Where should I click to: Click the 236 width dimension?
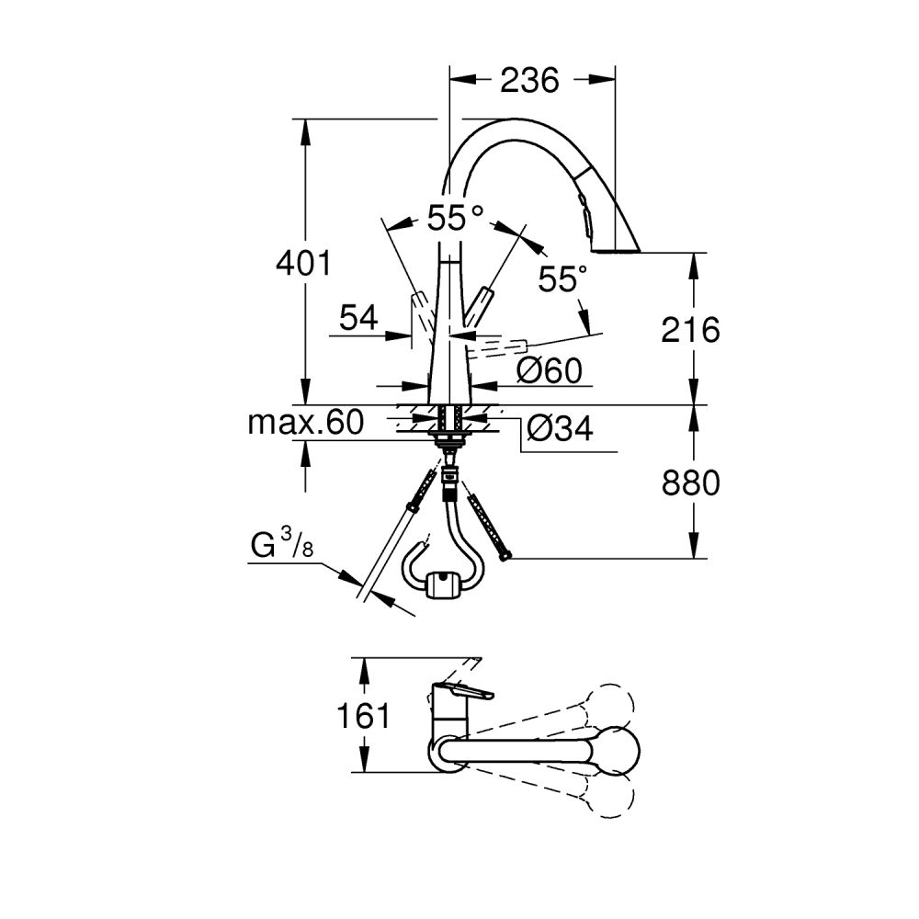[530, 81]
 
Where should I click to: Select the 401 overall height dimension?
[303, 264]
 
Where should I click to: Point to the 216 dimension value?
[691, 329]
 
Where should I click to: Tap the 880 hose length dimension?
[691, 482]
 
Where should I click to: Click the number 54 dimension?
[358, 318]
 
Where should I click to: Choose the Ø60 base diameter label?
[549, 371]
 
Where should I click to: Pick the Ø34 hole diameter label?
[560, 427]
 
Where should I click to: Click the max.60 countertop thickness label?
[306, 423]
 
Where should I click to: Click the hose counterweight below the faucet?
[444, 584]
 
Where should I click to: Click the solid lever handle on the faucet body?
[479, 307]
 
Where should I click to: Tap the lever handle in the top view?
[464, 692]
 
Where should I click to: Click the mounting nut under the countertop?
[448, 442]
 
